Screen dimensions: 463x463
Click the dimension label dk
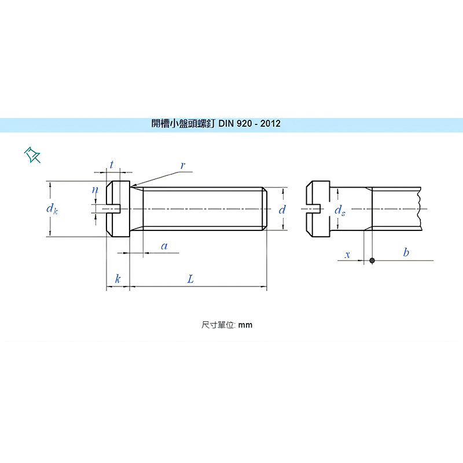52,209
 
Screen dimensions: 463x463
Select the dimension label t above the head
111,165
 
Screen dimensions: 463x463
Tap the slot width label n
95,189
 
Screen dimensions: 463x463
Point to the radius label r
182,166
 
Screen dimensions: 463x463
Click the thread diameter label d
282,210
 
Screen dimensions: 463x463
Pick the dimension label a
164,246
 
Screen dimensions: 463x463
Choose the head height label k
118,279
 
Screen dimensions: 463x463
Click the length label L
190,279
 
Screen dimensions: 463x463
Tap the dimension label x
347,254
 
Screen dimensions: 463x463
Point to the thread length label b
406,252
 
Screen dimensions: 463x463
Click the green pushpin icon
32,155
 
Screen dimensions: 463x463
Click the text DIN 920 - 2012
249,124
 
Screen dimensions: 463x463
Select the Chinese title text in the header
183,124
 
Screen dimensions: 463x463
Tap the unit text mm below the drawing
245,325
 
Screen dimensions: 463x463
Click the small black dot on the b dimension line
372,260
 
